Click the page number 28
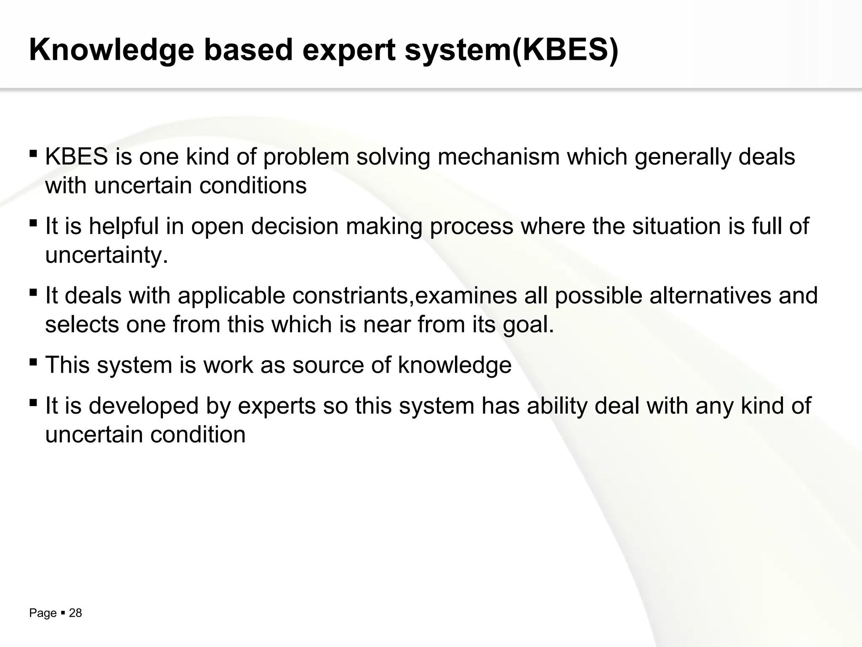[x=75, y=613]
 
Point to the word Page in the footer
[x=43, y=613]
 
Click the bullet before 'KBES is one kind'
[x=33, y=152]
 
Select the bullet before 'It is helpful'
[x=33, y=222]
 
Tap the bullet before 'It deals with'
[x=33, y=291]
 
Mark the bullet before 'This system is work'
[x=33, y=361]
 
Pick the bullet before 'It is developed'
[x=33, y=402]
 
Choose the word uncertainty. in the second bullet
[x=106, y=254]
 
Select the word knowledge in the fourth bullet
[x=455, y=365]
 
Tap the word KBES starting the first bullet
[x=77, y=157]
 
